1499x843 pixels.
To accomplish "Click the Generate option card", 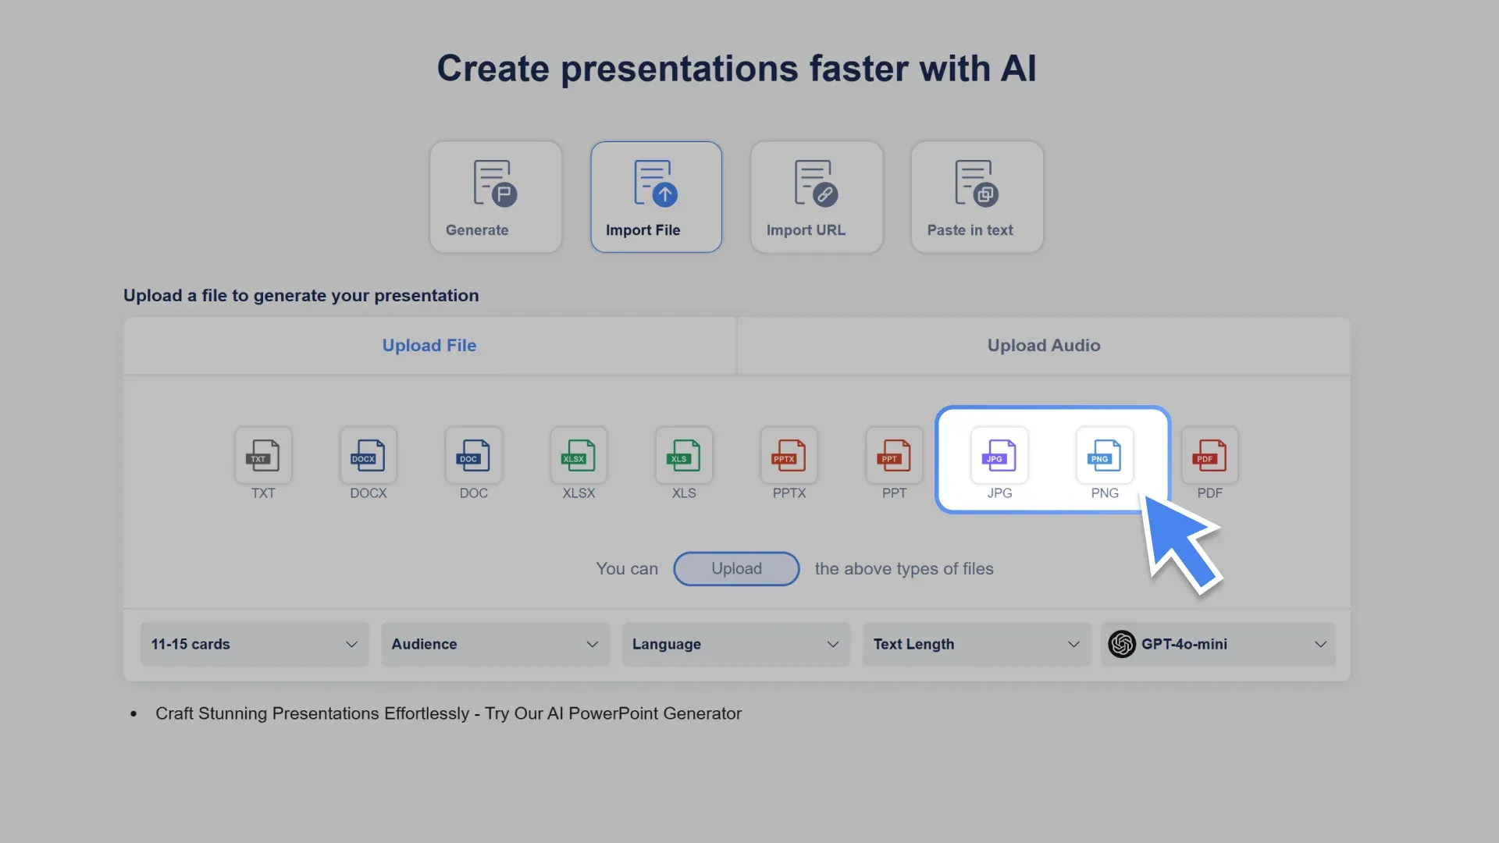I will (x=495, y=197).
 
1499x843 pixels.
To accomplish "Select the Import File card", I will (x=656, y=197).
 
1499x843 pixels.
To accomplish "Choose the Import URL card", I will (x=816, y=197).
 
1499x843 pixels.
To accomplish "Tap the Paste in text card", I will (x=977, y=197).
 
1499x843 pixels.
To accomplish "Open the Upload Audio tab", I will (x=1043, y=346).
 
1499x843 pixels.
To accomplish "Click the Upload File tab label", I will (x=429, y=346).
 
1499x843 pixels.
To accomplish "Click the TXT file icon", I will (x=263, y=455).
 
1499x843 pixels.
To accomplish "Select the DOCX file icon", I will (x=369, y=455).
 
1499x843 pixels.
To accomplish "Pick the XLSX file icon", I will (x=579, y=455).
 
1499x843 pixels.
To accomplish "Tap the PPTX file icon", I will (x=789, y=455).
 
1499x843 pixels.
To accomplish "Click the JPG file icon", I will (x=999, y=455).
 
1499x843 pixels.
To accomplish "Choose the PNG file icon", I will (x=1104, y=455).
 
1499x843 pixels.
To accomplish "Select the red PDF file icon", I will (x=1209, y=455).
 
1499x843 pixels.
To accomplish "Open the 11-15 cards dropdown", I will (x=255, y=644).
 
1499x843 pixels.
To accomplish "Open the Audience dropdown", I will (x=495, y=644).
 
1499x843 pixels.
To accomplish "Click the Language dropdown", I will (x=735, y=644).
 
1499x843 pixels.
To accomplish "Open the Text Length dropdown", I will (x=976, y=644).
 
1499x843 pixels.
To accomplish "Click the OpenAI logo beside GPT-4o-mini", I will (x=1122, y=644).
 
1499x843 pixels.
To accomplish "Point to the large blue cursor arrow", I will (x=1179, y=542).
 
